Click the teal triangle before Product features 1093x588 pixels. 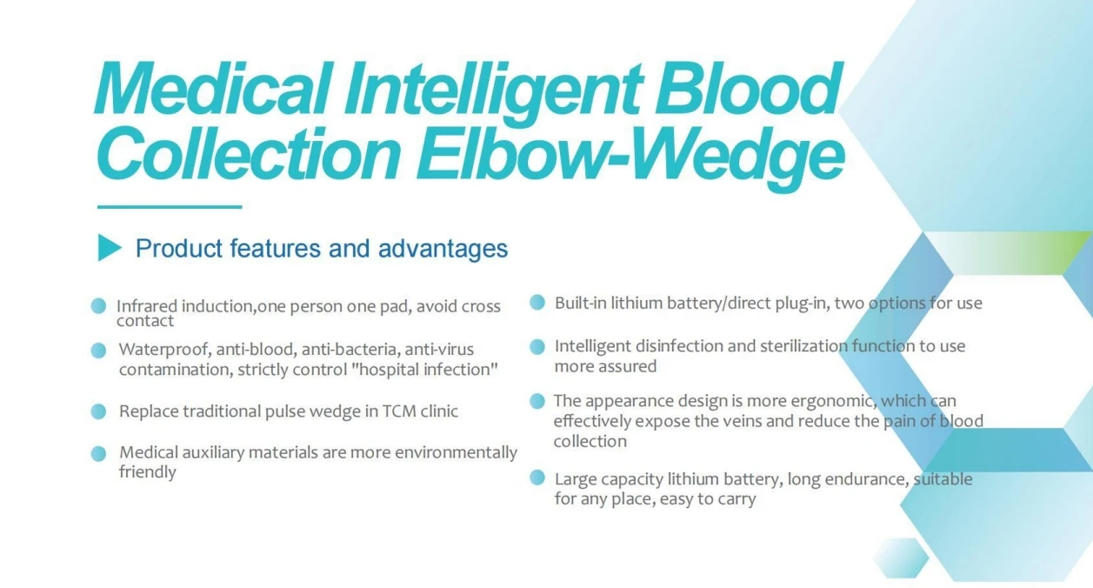tap(109, 248)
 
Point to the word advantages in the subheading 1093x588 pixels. tap(443, 249)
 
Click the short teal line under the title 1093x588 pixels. tap(169, 207)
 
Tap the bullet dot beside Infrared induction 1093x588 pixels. tap(99, 306)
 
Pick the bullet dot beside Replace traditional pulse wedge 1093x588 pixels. tap(99, 411)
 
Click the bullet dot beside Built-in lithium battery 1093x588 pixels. tap(537, 303)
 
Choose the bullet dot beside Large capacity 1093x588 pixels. tap(537, 478)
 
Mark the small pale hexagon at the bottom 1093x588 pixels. tap(901, 558)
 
